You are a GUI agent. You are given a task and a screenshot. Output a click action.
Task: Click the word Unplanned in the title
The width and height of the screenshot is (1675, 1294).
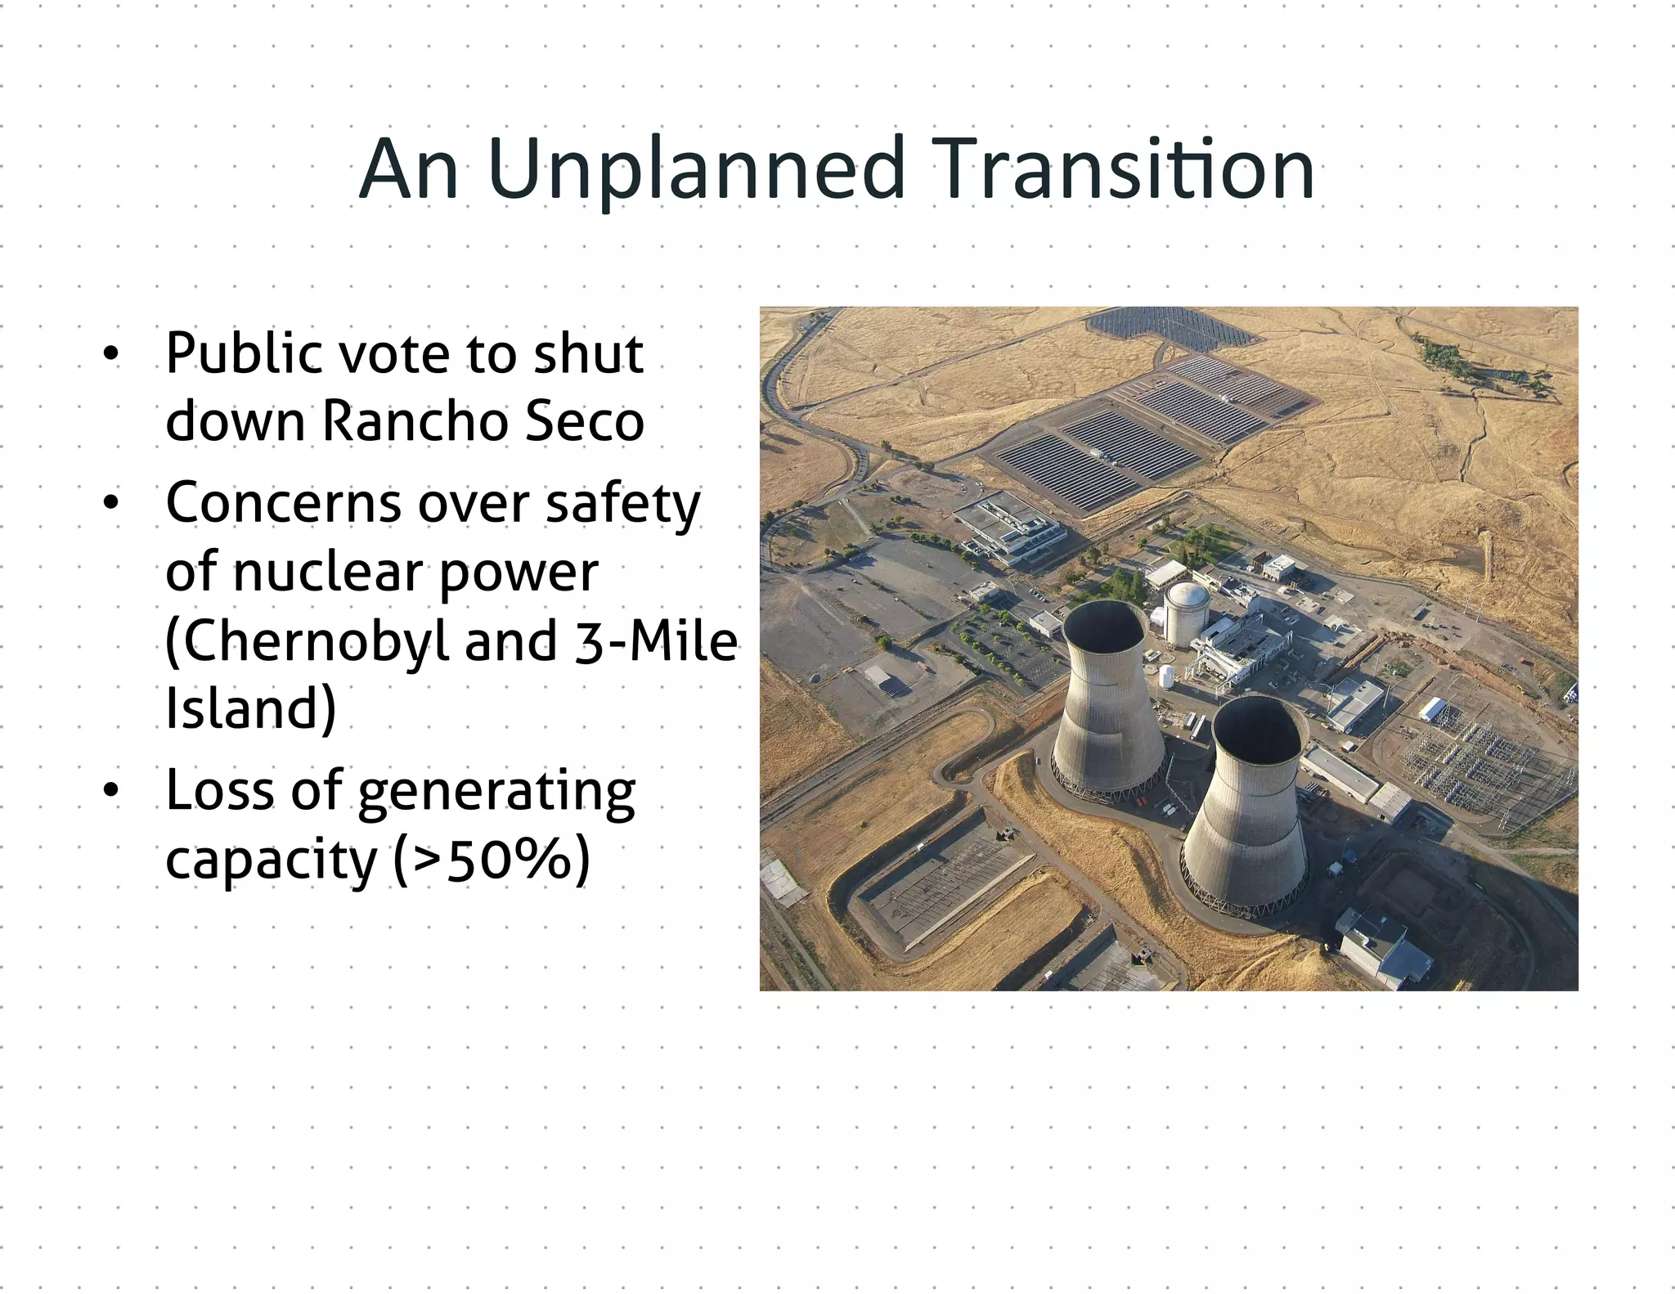click(695, 170)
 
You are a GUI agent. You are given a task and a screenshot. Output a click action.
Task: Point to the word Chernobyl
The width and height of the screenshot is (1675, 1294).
click(307, 640)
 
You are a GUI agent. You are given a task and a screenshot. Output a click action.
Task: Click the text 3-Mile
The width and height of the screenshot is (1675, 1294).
click(656, 640)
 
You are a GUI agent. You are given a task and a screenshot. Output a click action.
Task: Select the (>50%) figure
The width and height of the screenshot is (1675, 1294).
click(491, 859)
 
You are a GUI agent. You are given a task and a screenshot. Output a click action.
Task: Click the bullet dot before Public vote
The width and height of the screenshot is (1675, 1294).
click(110, 354)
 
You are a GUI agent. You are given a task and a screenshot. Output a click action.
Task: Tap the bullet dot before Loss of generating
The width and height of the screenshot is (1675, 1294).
click(110, 791)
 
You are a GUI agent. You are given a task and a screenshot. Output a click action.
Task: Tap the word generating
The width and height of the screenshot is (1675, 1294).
click(496, 791)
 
